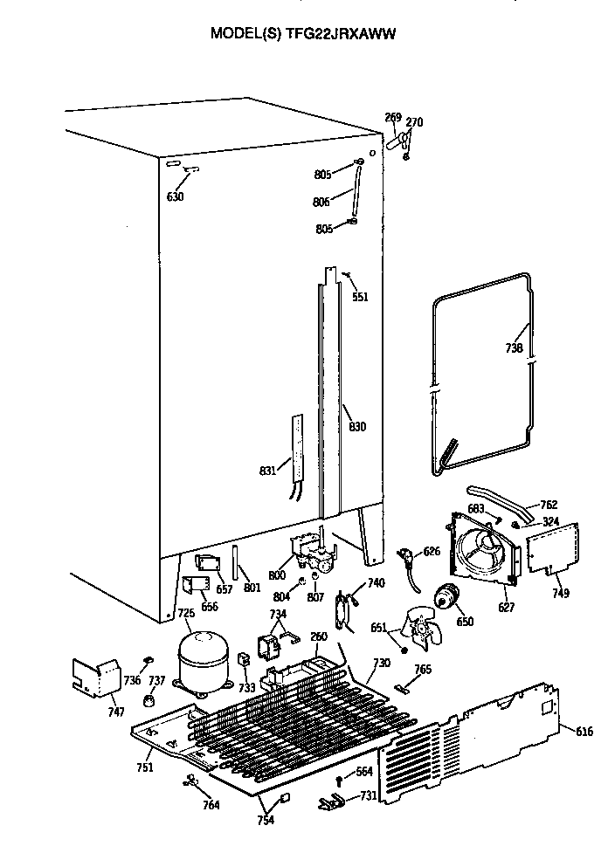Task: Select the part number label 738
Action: pyautogui.click(x=514, y=348)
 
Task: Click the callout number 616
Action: pyautogui.click(x=584, y=732)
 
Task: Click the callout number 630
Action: pyautogui.click(x=176, y=196)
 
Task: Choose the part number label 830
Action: pyautogui.click(x=357, y=427)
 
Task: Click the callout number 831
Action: pyautogui.click(x=267, y=471)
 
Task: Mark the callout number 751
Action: pyautogui.click(x=145, y=767)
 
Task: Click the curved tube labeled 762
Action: pyautogui.click(x=498, y=499)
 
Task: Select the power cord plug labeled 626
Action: pyautogui.click(x=407, y=555)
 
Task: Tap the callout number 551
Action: pyautogui.click(x=360, y=297)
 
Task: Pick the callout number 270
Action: pyautogui.click(x=414, y=122)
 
